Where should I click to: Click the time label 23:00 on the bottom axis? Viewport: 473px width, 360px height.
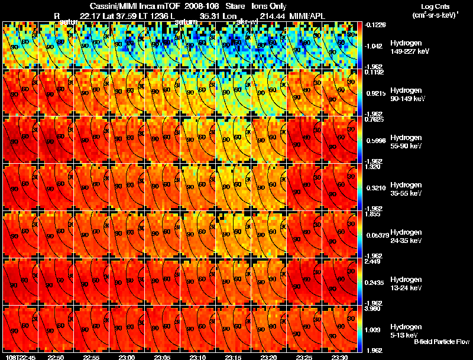coord(127,357)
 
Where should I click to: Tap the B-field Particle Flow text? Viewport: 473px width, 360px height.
coord(441,342)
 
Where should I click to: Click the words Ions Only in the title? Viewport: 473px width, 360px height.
coord(269,6)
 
